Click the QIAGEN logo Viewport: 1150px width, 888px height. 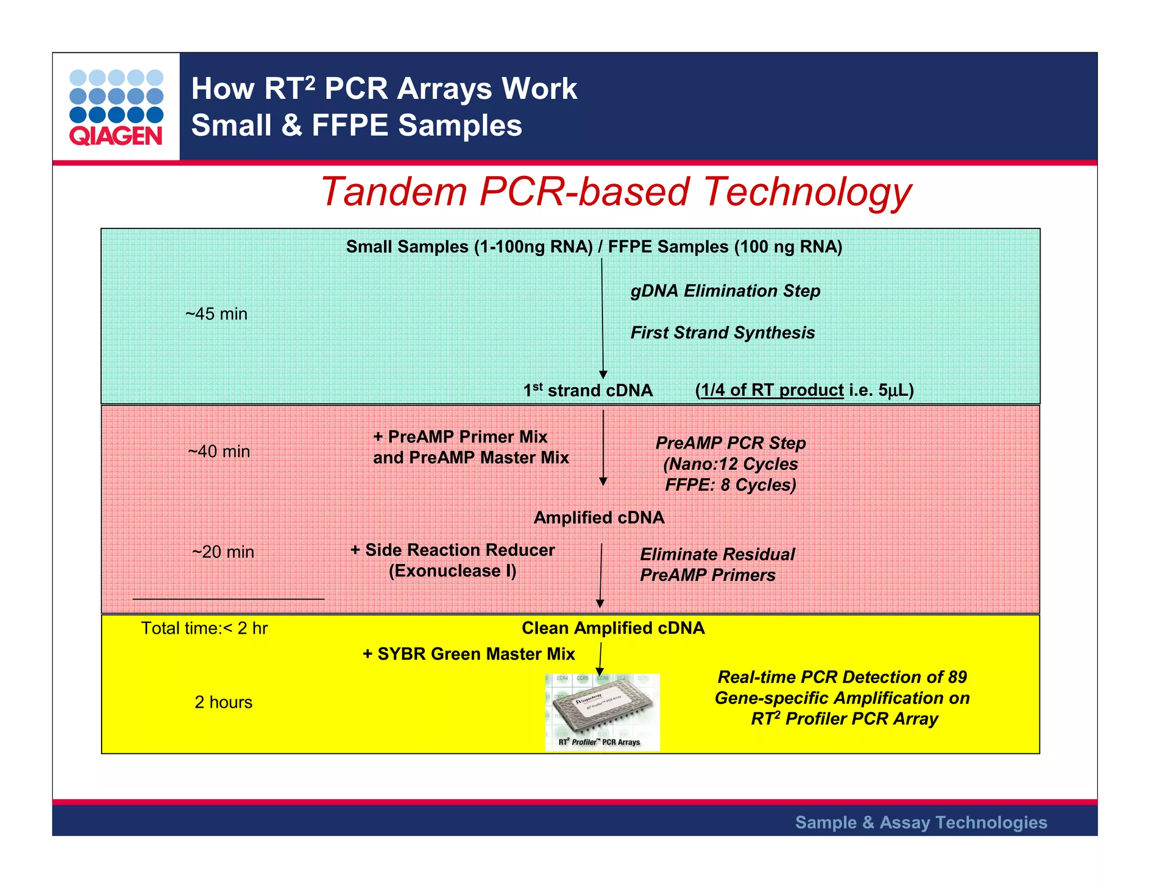click(x=116, y=107)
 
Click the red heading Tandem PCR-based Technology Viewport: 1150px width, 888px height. click(x=616, y=192)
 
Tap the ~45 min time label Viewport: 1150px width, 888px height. click(x=216, y=314)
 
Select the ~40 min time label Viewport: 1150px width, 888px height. click(x=219, y=451)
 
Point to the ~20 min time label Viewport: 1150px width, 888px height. click(x=223, y=552)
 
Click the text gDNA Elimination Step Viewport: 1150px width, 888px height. click(x=725, y=291)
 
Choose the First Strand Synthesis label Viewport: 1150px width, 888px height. click(x=722, y=332)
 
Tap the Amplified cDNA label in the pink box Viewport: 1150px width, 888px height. click(x=599, y=518)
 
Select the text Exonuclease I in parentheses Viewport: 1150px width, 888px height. click(x=453, y=571)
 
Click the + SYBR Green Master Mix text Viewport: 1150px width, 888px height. click(x=469, y=654)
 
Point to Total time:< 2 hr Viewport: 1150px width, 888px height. click(x=204, y=628)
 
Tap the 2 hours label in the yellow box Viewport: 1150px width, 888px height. click(x=223, y=702)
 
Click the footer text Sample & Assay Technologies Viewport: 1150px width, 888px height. click(x=921, y=822)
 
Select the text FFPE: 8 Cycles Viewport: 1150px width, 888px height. click(x=730, y=485)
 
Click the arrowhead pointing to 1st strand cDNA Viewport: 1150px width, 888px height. click(x=603, y=374)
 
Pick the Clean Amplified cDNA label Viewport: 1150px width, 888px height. click(x=613, y=628)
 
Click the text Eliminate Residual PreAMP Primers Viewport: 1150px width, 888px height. click(x=717, y=565)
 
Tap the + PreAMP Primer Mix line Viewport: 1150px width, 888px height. click(x=460, y=437)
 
